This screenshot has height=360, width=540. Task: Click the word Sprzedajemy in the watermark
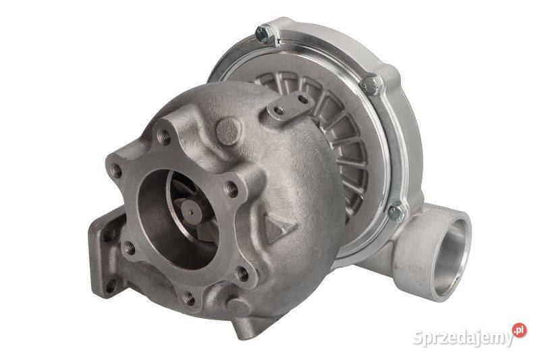click(463, 337)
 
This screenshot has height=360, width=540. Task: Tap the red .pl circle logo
click(519, 330)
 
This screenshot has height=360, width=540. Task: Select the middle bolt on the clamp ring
click(371, 84)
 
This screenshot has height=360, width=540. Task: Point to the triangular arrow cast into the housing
click(279, 228)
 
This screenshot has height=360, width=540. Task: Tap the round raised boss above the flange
click(228, 131)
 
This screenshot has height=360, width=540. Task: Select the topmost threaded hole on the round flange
click(164, 137)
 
